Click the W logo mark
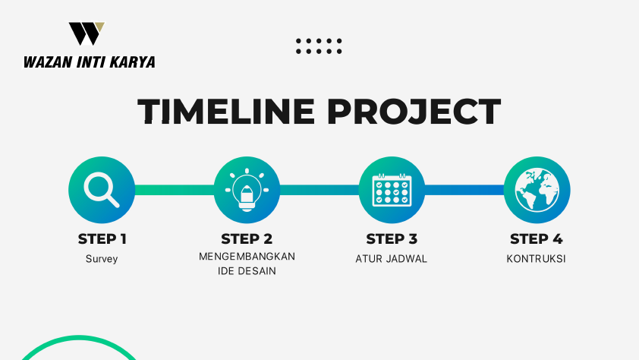(87, 33)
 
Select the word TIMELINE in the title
(226, 111)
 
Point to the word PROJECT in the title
(414, 111)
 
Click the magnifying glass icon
(102, 190)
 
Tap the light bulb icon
(247, 190)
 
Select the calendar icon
(392, 190)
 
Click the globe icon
(537, 190)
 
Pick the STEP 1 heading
(102, 239)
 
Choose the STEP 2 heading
(247, 239)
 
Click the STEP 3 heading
(392, 239)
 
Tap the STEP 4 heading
(537, 239)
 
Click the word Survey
(102, 259)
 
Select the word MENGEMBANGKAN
(247, 257)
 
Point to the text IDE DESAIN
(247, 271)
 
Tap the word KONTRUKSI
(537, 259)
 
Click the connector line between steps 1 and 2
(175, 190)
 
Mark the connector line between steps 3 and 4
(464, 190)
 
